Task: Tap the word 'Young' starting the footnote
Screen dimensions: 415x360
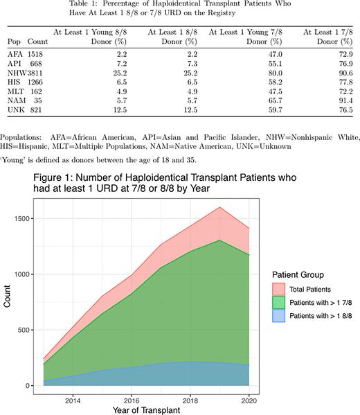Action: point(15,158)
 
